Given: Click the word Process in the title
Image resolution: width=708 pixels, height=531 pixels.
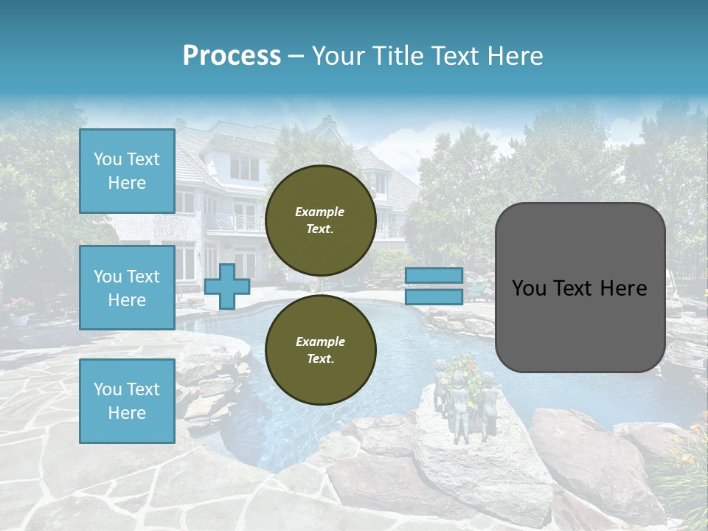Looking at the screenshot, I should (232, 56).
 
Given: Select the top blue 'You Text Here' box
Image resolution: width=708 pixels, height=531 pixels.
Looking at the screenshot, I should (127, 171).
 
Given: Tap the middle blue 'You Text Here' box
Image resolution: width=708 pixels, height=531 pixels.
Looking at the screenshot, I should (127, 288).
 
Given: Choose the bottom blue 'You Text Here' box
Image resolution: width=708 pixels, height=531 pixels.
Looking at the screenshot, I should (127, 401).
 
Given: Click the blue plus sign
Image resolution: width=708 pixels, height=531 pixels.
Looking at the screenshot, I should (226, 287).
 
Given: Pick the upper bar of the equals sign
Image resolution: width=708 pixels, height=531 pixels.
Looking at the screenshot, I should (434, 275).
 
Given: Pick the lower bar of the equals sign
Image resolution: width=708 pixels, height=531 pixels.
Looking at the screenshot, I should (434, 297).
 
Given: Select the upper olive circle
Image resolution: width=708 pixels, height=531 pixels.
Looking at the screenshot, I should (320, 220).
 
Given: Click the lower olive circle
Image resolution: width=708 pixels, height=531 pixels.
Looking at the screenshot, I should (320, 350).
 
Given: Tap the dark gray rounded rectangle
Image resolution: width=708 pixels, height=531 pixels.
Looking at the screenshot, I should (580, 288).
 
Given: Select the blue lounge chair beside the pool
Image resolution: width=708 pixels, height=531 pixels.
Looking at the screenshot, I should (476, 293).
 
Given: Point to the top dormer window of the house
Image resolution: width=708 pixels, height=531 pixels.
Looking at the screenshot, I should (244, 168).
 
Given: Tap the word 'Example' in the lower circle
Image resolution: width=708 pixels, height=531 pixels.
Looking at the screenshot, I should (320, 341).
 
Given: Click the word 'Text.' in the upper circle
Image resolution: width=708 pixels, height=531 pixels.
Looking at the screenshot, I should (320, 229).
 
